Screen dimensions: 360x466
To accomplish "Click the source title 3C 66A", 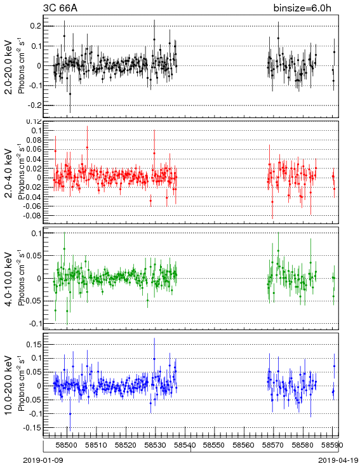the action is pyautogui.click(x=60, y=8).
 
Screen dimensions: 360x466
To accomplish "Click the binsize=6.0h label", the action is pyautogui.click(x=302, y=8).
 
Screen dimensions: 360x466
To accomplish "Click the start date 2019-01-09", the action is pyautogui.click(x=43, y=460).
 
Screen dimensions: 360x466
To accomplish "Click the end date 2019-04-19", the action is pyautogui.click(x=338, y=460).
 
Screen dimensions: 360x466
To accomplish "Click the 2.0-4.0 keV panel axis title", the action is pyautogui.click(x=9, y=173).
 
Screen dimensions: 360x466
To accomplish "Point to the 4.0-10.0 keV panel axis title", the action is pyautogui.click(x=9, y=279).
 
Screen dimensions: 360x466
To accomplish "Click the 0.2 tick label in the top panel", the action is pyautogui.click(x=36, y=26).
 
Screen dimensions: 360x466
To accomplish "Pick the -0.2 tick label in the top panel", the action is pyautogui.click(x=34, y=105).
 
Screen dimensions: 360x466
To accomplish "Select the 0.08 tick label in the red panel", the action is pyautogui.click(x=33, y=140).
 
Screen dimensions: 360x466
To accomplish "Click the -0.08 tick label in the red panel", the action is pyautogui.click(x=32, y=215).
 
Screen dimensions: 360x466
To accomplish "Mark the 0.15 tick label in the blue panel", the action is pyautogui.click(x=33, y=345).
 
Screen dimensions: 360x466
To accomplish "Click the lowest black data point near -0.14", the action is pyautogui.click(x=70, y=94).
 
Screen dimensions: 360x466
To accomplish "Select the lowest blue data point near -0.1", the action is pyautogui.click(x=70, y=414).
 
